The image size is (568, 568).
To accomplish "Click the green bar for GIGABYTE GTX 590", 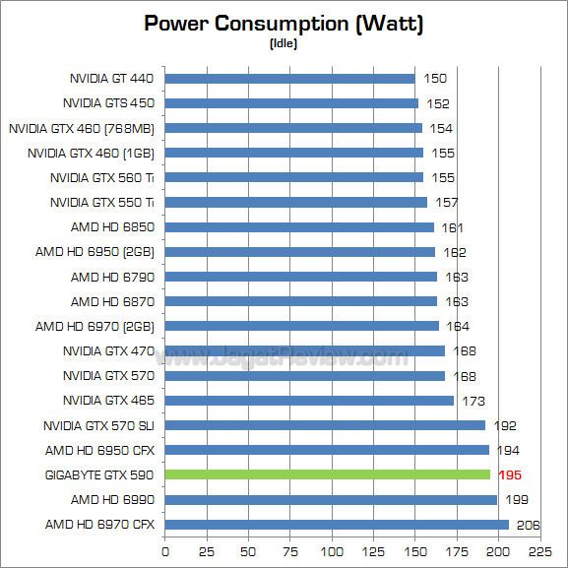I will point(327,474).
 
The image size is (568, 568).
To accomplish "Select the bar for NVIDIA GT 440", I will point(289,78).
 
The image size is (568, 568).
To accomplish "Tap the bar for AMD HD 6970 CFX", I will point(337,524).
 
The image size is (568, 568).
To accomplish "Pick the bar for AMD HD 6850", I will point(299,227).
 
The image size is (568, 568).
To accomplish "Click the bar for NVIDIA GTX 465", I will point(309,401).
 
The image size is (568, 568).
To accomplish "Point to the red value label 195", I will point(509,474).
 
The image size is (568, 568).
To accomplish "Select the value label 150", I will point(435,78).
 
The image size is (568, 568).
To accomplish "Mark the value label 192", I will point(505,425).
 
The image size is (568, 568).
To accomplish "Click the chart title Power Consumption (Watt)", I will point(284,23).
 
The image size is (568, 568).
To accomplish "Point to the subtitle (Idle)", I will point(284,42).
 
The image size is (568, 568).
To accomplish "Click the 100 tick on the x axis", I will point(332,550).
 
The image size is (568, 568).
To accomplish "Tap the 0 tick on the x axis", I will point(165,550).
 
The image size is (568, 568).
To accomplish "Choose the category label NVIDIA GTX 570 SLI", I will point(99,425).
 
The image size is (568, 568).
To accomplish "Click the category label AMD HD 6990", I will point(112,499).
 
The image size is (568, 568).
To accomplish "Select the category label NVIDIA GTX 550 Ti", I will point(102,202).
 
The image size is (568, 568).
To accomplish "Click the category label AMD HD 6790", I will point(112,277).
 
